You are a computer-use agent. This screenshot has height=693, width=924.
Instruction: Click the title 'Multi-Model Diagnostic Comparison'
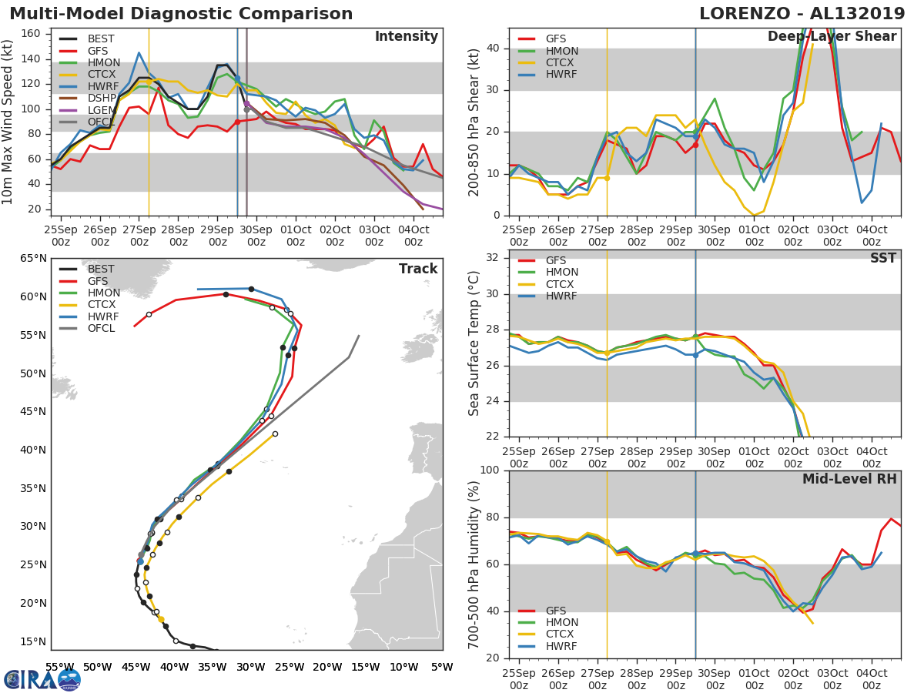pyautogui.click(x=181, y=14)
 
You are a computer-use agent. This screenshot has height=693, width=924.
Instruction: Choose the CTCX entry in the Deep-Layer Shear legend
pyautogui.click(x=561, y=63)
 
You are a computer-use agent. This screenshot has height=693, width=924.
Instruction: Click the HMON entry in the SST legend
pyautogui.click(x=561, y=273)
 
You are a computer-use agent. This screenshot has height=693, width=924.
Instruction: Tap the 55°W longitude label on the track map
pyautogui.click(x=60, y=667)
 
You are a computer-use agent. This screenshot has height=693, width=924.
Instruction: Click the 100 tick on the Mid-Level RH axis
pyautogui.click(x=490, y=470)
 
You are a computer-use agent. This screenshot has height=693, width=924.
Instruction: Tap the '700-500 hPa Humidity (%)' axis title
pyautogui.click(x=474, y=564)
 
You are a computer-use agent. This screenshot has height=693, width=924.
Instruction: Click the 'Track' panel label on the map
pyautogui.click(x=418, y=269)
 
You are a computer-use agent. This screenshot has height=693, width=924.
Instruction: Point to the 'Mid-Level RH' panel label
pyautogui.click(x=849, y=479)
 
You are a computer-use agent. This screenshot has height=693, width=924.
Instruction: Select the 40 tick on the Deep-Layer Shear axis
pyautogui.click(x=494, y=49)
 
